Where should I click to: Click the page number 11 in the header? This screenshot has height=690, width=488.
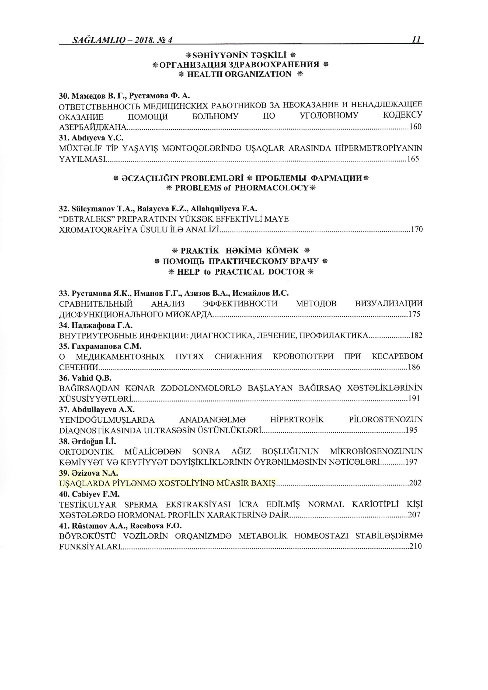click(x=416, y=40)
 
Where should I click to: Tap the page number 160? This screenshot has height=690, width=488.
click(x=416, y=127)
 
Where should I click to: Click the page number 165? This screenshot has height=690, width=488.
click(x=413, y=159)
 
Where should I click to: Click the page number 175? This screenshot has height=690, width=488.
click(x=414, y=315)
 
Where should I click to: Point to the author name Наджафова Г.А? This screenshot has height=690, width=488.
click(x=102, y=325)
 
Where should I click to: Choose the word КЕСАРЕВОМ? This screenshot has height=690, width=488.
click(x=397, y=356)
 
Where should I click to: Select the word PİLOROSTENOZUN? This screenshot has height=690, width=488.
click(x=386, y=419)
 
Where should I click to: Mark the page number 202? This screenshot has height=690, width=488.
click(x=415, y=483)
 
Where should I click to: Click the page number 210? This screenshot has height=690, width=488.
click(x=416, y=546)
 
